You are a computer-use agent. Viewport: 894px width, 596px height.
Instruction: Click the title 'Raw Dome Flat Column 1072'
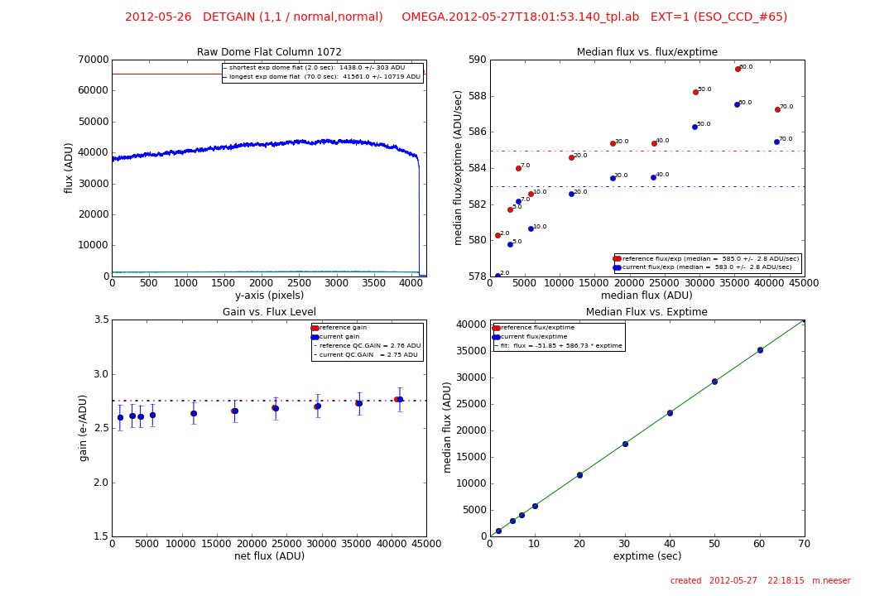tap(269, 52)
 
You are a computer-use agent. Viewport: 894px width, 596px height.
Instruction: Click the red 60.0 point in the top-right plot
tap(738, 69)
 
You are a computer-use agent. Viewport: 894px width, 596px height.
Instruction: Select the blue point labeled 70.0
tap(776, 142)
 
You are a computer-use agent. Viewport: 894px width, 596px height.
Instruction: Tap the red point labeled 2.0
tap(497, 235)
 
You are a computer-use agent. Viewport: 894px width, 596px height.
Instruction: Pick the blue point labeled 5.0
tap(510, 244)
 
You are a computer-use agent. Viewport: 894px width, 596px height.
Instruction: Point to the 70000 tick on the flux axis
tap(92, 60)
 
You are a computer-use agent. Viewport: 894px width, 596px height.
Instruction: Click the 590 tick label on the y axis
tap(476, 60)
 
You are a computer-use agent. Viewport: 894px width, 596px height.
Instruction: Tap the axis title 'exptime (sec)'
tap(646, 556)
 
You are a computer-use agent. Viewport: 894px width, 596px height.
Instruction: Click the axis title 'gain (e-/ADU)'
tap(84, 427)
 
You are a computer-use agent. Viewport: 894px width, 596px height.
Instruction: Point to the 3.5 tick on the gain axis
tap(99, 320)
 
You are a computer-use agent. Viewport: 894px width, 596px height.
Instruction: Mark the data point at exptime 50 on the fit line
tap(714, 382)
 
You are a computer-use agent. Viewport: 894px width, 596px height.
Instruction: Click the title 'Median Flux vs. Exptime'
tap(646, 312)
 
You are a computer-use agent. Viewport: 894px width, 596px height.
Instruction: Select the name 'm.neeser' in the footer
tap(830, 581)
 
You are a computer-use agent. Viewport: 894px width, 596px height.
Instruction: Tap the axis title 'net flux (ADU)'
tap(269, 556)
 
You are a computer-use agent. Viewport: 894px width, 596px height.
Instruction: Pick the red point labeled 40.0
tap(654, 143)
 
